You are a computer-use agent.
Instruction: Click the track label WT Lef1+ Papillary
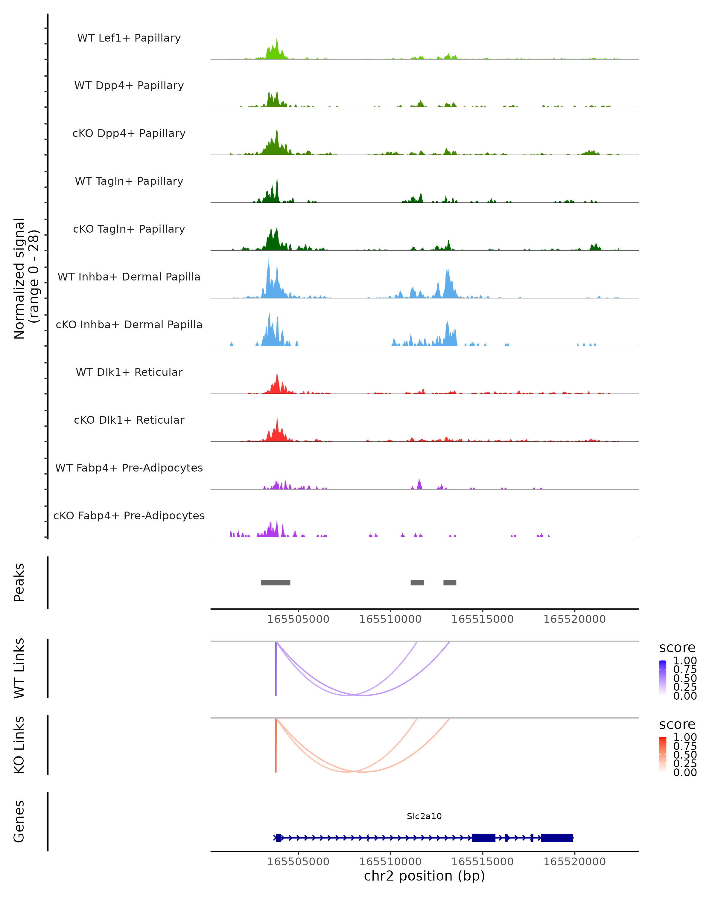129,38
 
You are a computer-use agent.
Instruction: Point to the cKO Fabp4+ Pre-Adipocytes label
129,515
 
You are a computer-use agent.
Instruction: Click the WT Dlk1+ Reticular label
129,372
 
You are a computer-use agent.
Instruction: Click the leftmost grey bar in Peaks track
276,582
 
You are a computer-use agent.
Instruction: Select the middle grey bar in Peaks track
417,582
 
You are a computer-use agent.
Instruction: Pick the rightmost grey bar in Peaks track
450,582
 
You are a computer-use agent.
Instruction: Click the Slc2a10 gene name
424,816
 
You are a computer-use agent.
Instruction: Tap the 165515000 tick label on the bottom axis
483,862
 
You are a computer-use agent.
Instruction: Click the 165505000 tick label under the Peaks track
298,619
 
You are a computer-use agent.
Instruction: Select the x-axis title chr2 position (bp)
424,876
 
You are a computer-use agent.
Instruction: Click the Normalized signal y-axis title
26,278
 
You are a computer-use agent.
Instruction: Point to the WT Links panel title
19,668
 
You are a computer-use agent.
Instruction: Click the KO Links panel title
19,745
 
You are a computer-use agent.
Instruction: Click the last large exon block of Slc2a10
557,838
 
